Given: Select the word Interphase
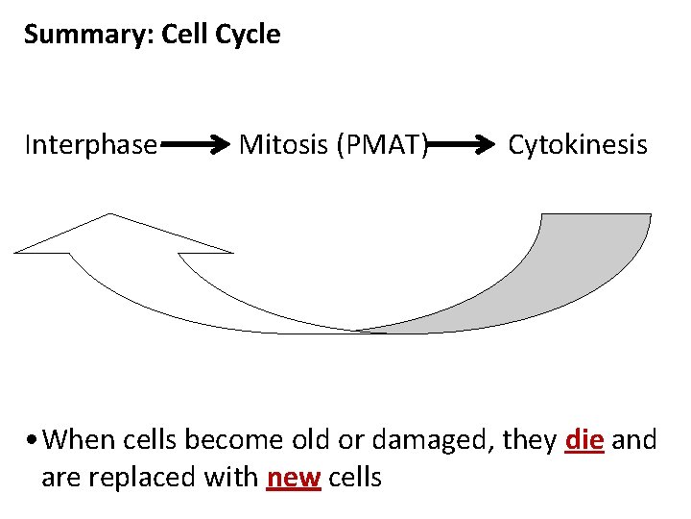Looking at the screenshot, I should pos(91,145).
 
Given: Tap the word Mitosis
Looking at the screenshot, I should pos(281,145).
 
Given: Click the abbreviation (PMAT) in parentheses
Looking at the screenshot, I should pos(380,145).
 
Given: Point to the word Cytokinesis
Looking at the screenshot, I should pos(578,145).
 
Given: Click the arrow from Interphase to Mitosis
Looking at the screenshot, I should pos(197,146).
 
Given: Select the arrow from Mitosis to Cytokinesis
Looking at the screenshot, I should pos(466,146).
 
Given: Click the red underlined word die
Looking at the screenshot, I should pos(584,441).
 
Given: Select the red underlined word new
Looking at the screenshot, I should pos(293,478).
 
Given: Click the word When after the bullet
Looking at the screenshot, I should pos(78,441).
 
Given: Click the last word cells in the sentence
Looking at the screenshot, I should pos(355,478).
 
